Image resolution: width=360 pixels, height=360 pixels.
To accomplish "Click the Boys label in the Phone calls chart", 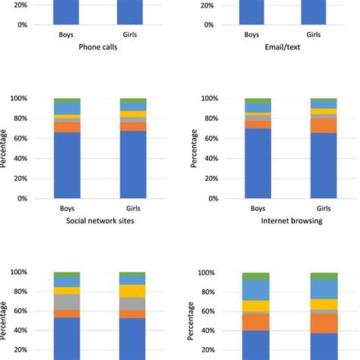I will [66, 35].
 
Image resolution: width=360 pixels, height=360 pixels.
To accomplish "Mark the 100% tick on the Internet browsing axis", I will [208, 99].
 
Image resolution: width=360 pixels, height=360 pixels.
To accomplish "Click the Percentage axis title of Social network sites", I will [5, 148].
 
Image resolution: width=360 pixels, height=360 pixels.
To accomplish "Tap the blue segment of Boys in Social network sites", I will [66, 166].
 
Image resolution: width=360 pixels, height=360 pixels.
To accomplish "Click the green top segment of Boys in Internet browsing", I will [257, 100].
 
